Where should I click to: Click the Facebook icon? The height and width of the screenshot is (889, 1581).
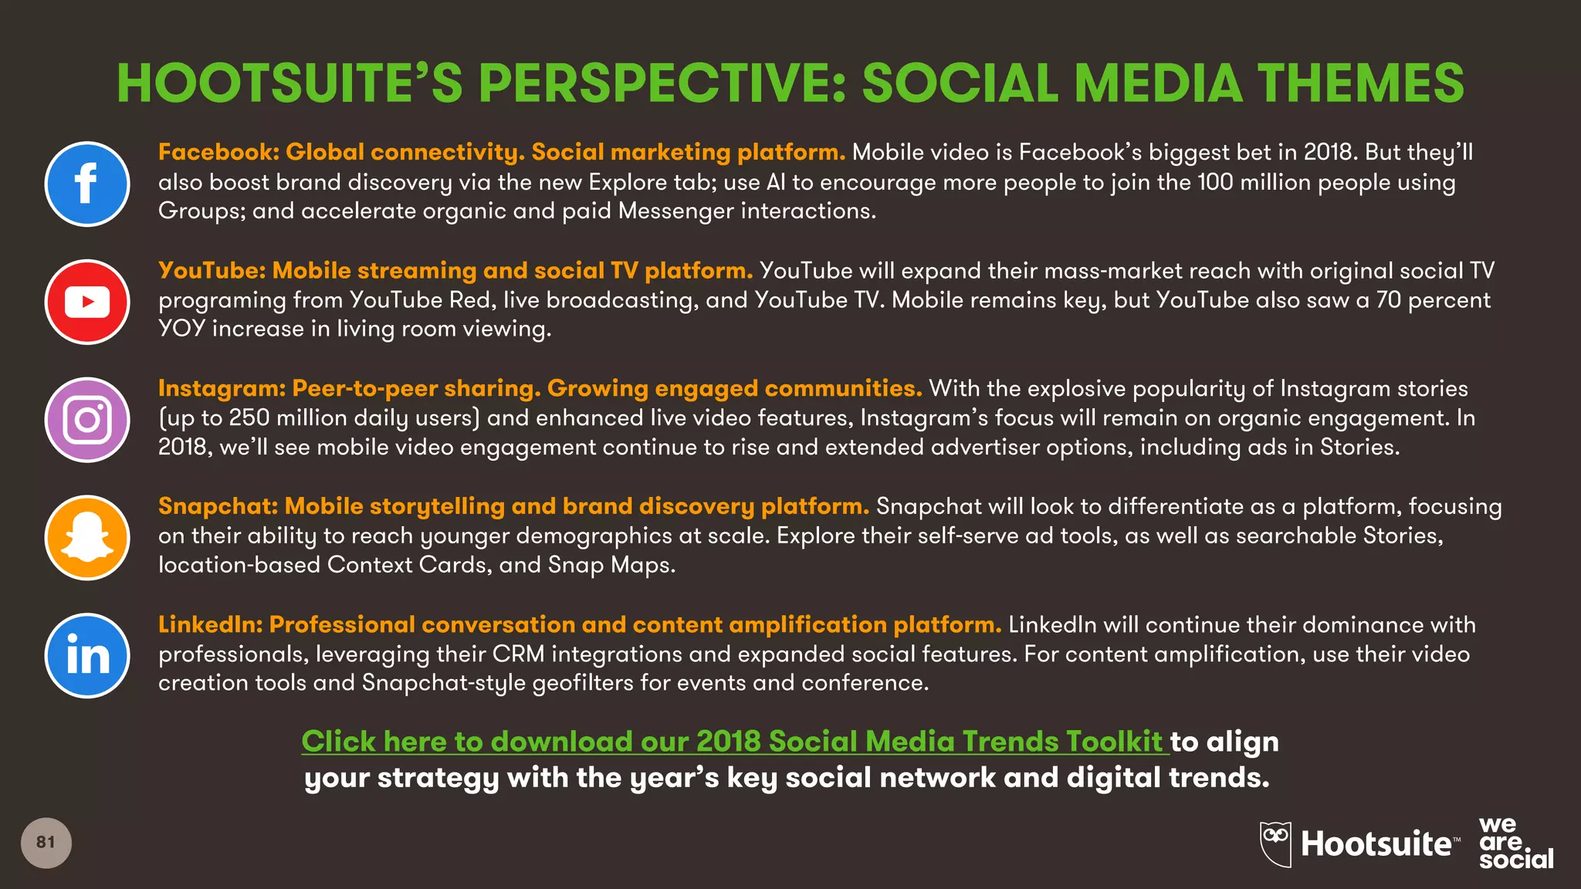pyautogui.click(x=87, y=184)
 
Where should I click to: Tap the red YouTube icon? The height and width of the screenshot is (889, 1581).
pyautogui.click(x=87, y=302)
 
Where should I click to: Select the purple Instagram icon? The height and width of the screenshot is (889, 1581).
pyautogui.click(x=87, y=420)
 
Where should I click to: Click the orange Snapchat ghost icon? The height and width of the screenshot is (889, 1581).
pyautogui.click(x=87, y=538)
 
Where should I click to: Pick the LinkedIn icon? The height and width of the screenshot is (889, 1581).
pyautogui.click(x=87, y=656)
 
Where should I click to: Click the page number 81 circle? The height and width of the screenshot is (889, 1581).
pyautogui.click(x=46, y=843)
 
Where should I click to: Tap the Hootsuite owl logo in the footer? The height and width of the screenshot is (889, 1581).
pyautogui.click(x=1275, y=843)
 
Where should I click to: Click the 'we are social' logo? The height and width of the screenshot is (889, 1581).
pyautogui.click(x=1515, y=843)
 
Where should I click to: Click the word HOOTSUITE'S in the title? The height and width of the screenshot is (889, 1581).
pyautogui.click(x=289, y=83)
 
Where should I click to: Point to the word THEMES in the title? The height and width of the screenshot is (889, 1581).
pyautogui.click(x=1360, y=83)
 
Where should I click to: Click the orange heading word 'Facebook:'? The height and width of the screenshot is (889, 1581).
pyautogui.click(x=218, y=152)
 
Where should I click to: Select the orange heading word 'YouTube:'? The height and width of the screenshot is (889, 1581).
pyautogui.click(x=212, y=270)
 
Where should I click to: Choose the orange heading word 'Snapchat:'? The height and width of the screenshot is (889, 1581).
pyautogui.click(x=218, y=506)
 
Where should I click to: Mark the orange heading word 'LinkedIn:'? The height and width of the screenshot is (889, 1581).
pyautogui.click(x=211, y=624)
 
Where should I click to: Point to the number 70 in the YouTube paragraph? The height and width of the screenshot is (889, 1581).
pyautogui.click(x=1388, y=300)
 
